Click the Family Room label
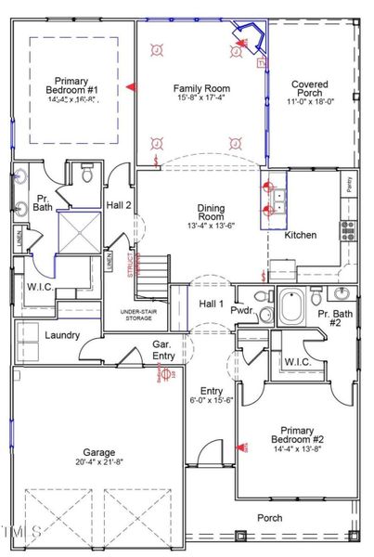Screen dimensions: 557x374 click(x=201, y=88)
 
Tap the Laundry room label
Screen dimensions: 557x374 click(x=61, y=335)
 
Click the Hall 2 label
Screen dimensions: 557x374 click(x=119, y=205)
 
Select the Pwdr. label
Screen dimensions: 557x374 click(x=243, y=311)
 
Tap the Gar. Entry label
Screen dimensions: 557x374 click(x=167, y=349)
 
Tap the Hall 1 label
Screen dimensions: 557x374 click(x=212, y=304)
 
